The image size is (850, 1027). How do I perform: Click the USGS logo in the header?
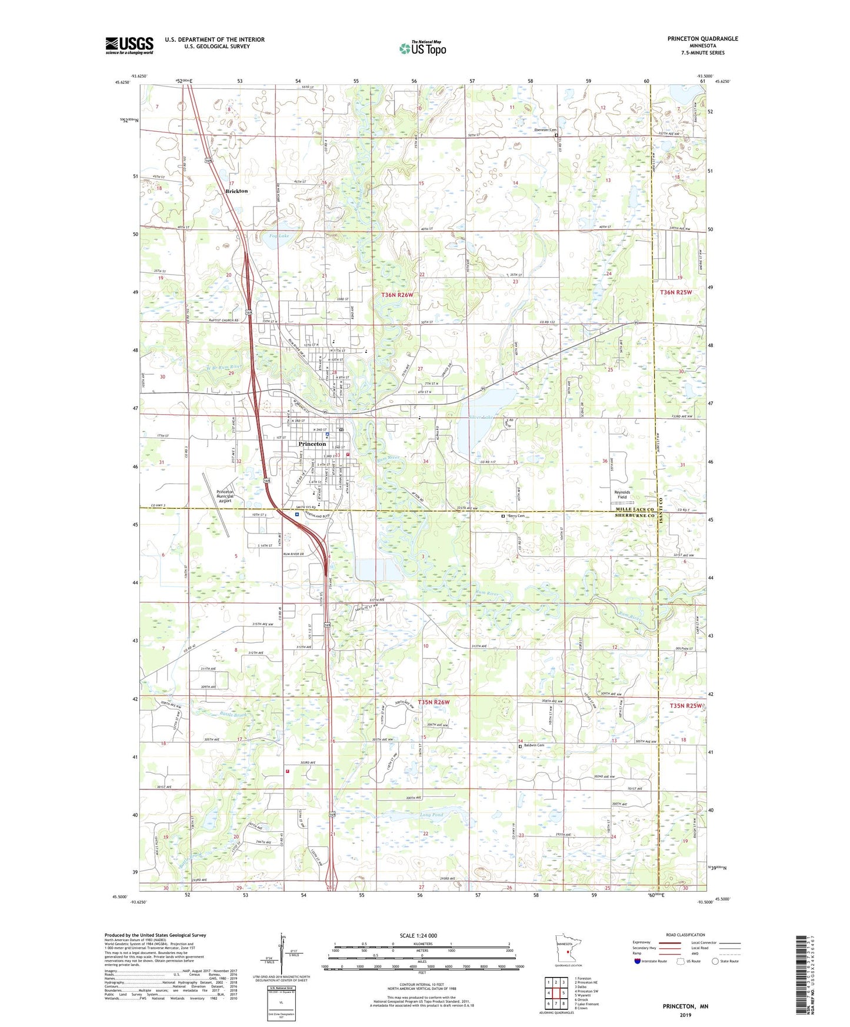[129, 45]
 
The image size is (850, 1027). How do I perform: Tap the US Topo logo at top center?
[422, 48]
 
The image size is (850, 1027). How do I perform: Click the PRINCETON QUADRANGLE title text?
[702, 39]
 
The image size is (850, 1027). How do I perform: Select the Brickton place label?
[237, 191]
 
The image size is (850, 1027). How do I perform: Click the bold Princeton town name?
[312, 444]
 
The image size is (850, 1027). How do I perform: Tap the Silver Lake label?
[481, 416]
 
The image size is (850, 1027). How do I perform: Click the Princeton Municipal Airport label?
[225, 496]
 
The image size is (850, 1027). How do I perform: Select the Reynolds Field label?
[622, 495]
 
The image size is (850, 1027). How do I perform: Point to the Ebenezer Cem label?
[545, 130]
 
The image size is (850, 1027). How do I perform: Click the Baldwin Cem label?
[534, 745]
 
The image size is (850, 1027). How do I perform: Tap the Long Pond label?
[431, 815]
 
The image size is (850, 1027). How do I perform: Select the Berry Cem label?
[516, 516]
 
